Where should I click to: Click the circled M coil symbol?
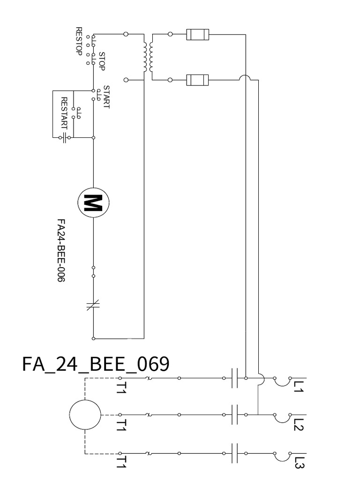[x=93, y=203]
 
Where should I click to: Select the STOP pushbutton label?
[x=102, y=60]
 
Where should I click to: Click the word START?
[x=106, y=97]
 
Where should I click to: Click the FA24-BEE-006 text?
[x=60, y=250]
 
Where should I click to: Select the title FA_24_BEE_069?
[x=96, y=364]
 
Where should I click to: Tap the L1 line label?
[x=299, y=386]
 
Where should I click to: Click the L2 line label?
[x=299, y=424]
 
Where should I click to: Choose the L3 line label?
[x=299, y=463]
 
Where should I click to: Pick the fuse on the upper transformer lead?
[x=197, y=34]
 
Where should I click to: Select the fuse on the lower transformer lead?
[x=197, y=80]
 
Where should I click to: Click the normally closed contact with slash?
[x=93, y=306]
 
